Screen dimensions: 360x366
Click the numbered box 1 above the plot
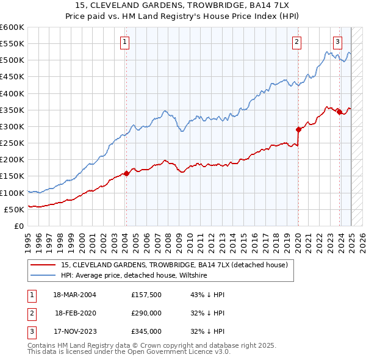[124, 42]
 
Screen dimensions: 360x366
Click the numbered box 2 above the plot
[296, 42]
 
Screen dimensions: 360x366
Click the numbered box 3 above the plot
[337, 42]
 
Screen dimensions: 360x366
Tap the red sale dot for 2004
[126, 173]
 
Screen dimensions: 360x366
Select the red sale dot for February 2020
[298, 129]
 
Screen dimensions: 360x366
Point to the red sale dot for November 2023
[339, 111]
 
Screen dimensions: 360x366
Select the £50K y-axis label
[15, 209]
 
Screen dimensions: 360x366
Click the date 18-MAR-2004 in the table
[74, 295]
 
